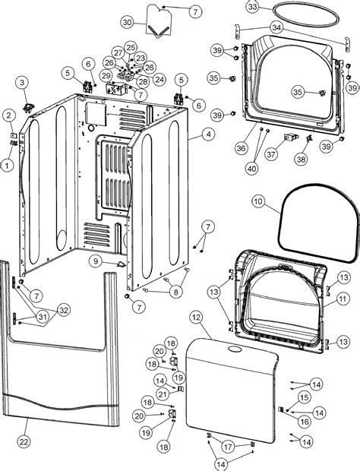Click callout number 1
click(x=8, y=163)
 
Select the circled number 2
click(x=8, y=115)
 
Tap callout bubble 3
click(x=22, y=82)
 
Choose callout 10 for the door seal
click(x=258, y=202)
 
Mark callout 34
click(x=255, y=27)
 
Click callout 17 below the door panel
click(x=227, y=447)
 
